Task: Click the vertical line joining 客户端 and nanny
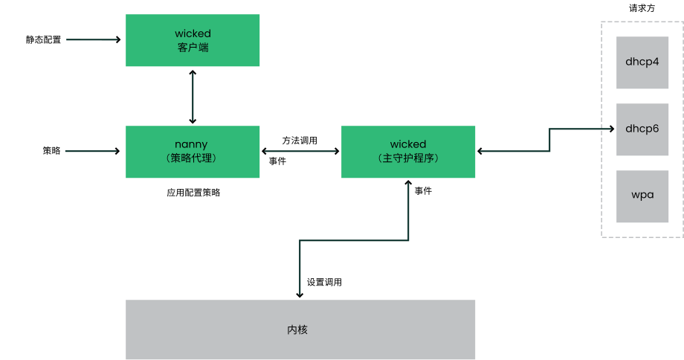tap(193, 96)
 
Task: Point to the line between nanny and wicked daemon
tap(300, 152)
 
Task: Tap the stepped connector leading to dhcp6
tap(550, 140)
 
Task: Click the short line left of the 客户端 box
tap(91, 39)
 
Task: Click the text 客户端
tap(193, 47)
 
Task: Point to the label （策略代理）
tap(193, 158)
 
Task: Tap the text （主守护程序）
tap(408, 158)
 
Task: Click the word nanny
tap(193, 144)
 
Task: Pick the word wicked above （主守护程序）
tap(408, 144)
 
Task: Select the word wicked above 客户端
tap(193, 33)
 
